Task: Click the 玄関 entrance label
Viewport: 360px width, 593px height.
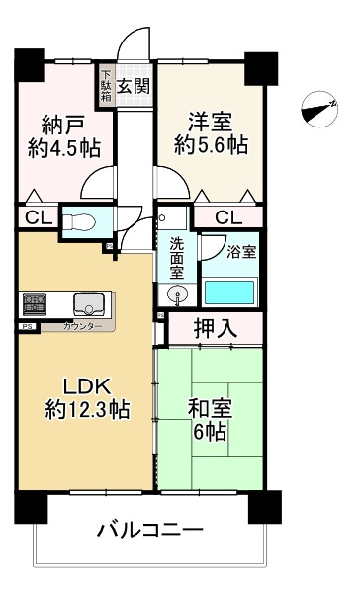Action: point(134,85)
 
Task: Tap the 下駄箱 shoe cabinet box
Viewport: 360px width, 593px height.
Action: point(106,84)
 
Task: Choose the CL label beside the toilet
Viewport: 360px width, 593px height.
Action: point(34,218)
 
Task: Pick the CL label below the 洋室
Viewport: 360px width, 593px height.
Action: point(227,217)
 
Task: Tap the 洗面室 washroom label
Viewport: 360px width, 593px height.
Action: point(176,257)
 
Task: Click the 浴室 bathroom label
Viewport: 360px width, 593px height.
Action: point(240,251)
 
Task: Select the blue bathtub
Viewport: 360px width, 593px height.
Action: point(229,292)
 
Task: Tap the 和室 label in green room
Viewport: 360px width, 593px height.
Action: point(209,407)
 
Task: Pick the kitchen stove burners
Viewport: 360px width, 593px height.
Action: point(36,301)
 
